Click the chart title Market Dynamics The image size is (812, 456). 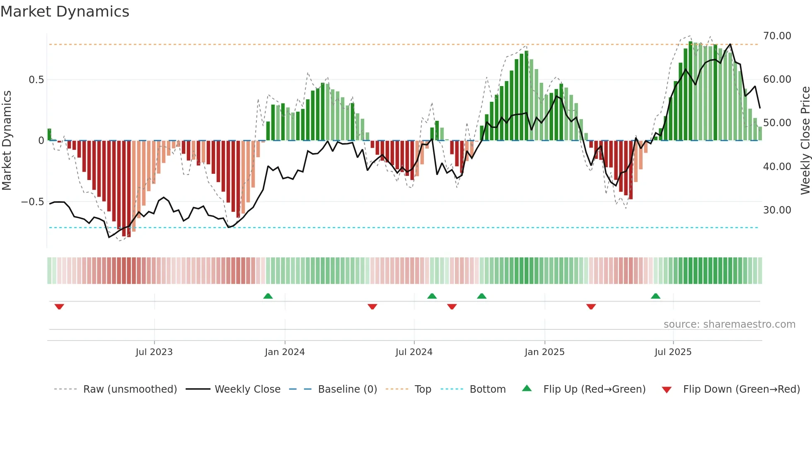(x=65, y=12)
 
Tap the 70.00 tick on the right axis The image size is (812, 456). (x=777, y=36)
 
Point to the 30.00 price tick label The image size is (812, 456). (x=777, y=210)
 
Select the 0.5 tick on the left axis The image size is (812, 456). (x=36, y=80)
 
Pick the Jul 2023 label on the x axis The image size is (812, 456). (x=154, y=352)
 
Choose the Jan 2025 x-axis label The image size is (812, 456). (x=544, y=352)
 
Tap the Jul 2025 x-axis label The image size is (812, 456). (x=673, y=352)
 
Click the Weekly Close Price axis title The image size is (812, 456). (x=805, y=141)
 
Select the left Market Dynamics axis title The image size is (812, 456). (x=7, y=141)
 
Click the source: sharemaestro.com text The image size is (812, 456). (x=729, y=324)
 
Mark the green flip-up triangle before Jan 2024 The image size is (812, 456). (x=268, y=296)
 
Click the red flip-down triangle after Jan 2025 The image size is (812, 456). (x=591, y=307)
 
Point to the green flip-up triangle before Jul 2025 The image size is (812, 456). (x=655, y=296)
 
